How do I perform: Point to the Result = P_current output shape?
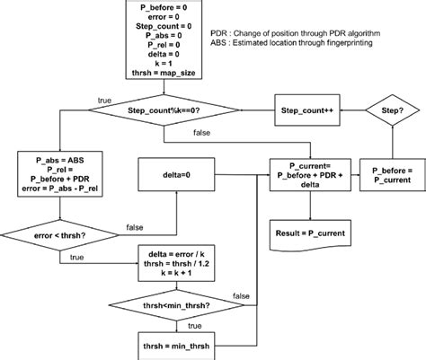[x=309, y=233]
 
